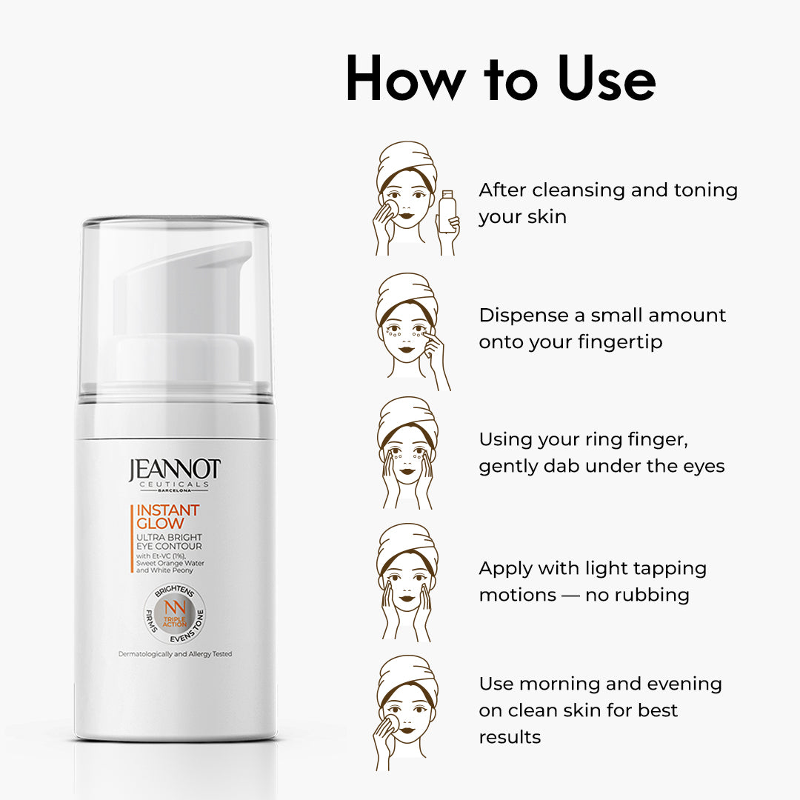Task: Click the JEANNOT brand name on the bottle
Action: point(175,470)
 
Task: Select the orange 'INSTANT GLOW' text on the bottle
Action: point(167,516)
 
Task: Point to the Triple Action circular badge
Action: point(175,614)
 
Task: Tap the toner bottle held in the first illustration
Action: point(447,211)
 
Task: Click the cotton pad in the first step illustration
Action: point(392,208)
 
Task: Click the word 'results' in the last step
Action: point(510,737)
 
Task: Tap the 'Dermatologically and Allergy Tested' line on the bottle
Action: point(175,654)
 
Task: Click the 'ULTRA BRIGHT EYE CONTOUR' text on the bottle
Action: point(169,541)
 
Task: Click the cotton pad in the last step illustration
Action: point(392,721)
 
